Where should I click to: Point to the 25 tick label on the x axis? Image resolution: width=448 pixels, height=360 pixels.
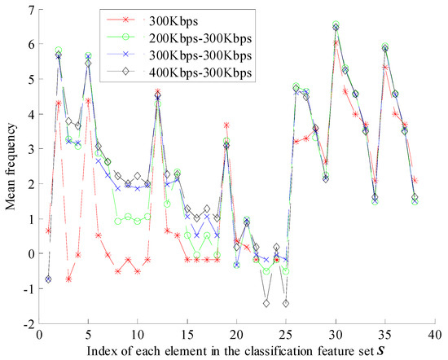285,335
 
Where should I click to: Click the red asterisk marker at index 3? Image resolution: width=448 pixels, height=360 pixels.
68,279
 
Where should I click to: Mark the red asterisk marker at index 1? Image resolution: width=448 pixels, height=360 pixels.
48,230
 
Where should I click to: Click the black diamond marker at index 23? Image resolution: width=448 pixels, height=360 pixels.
266,303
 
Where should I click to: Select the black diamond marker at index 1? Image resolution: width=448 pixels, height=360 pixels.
48,279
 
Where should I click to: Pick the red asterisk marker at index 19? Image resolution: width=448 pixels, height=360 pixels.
226,125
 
